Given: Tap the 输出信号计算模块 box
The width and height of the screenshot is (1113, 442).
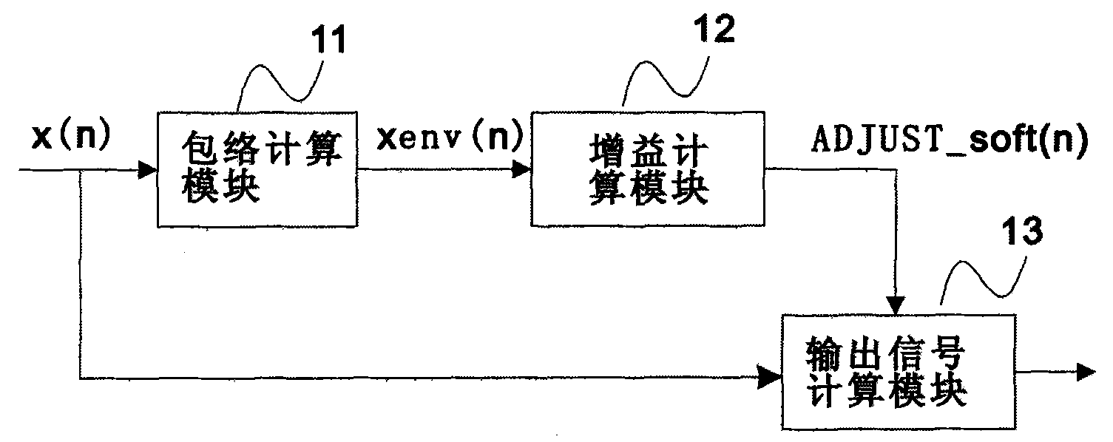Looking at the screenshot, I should pyautogui.click(x=898, y=372).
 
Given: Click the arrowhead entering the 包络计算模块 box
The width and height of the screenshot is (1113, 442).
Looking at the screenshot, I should pyautogui.click(x=149, y=171).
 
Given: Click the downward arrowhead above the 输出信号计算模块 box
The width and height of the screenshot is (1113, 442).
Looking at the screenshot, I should pyautogui.click(x=896, y=305).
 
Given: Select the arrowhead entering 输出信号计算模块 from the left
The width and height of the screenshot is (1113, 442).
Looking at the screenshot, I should pyautogui.click(x=773, y=378).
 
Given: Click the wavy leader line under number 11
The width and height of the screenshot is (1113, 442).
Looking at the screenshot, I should pyautogui.click(x=280, y=81).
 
